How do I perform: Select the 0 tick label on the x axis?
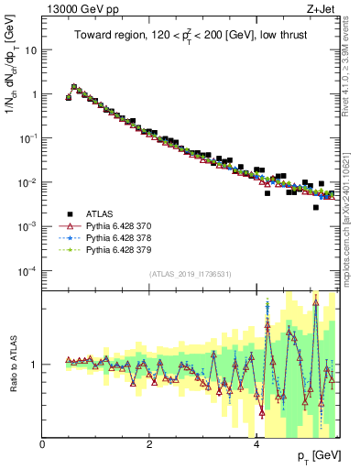click(x=43, y=444)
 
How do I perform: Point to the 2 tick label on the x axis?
click(x=149, y=444)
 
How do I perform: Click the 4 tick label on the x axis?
click(x=256, y=444)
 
